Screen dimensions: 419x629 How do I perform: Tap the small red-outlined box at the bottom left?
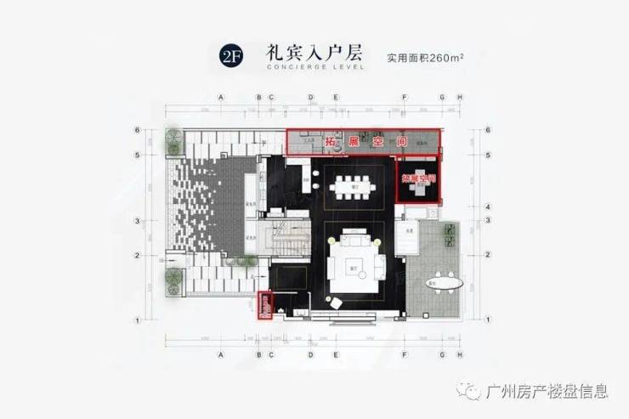pos(263,306)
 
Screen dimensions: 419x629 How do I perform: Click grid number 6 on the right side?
pos(488,130)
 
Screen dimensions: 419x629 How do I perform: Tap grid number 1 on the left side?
pos(136,320)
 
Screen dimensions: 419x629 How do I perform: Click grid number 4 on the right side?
pos(488,207)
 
